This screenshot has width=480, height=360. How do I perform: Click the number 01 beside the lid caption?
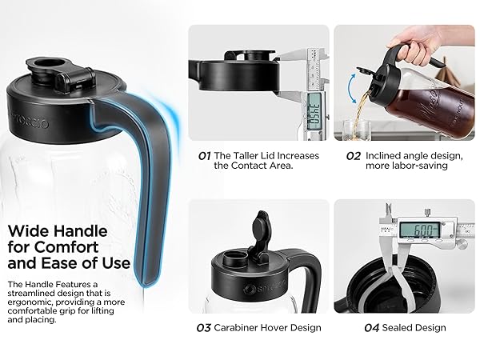(204, 156)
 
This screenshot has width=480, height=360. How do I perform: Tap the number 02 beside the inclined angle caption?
(354, 156)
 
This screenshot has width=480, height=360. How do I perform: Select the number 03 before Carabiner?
(203, 328)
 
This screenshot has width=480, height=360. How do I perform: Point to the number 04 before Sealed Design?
(372, 328)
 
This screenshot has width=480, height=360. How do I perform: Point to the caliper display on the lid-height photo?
(314, 110)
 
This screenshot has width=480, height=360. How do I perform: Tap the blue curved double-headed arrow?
(352, 89)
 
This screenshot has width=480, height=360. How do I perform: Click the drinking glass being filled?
(358, 130)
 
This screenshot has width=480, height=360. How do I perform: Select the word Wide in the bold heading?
(27, 231)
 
